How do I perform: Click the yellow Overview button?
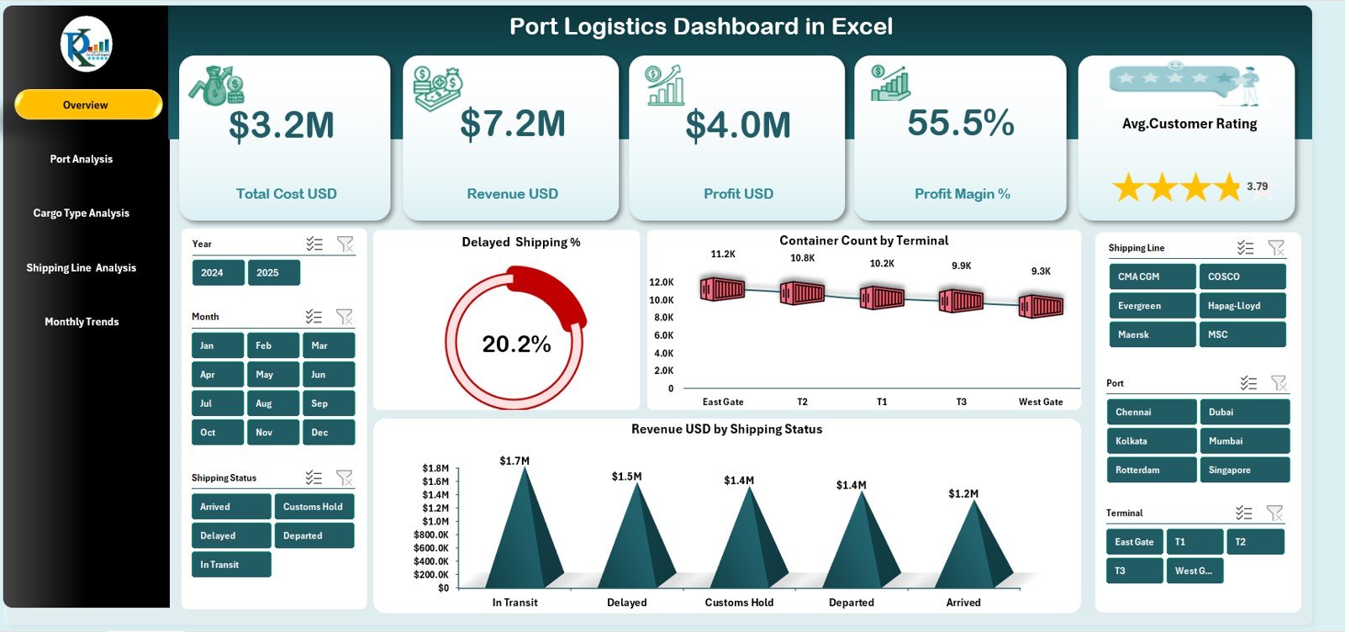(x=87, y=105)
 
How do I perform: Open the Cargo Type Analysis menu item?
(x=82, y=213)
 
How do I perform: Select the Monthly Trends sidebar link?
(x=82, y=322)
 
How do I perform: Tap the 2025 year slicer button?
(x=272, y=272)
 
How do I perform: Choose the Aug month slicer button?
(x=272, y=403)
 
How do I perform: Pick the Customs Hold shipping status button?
(x=314, y=507)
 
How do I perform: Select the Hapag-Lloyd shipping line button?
(x=1240, y=306)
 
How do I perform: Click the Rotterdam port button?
(x=1150, y=470)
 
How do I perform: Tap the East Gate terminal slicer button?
(x=1134, y=542)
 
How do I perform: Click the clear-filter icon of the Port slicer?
(x=1279, y=383)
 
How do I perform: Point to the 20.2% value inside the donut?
(x=516, y=345)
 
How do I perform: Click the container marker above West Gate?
(x=1041, y=306)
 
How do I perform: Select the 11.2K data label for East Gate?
(x=723, y=254)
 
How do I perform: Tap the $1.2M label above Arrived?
(x=963, y=494)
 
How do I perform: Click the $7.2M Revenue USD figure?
(x=512, y=124)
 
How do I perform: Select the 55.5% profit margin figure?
(x=961, y=124)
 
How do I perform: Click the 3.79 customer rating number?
(x=1258, y=187)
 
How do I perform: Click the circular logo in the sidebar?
(x=86, y=45)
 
